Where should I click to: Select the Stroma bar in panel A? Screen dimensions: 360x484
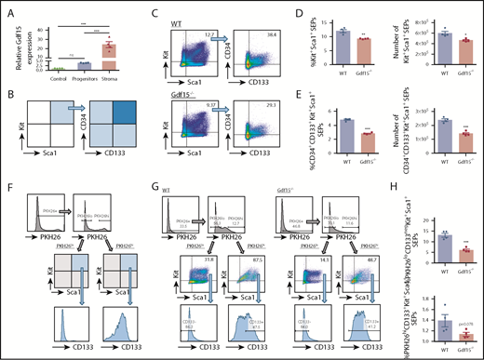(107, 53)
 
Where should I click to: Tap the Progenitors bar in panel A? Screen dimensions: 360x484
(81, 65)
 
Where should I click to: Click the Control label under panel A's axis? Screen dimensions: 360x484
(55, 75)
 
